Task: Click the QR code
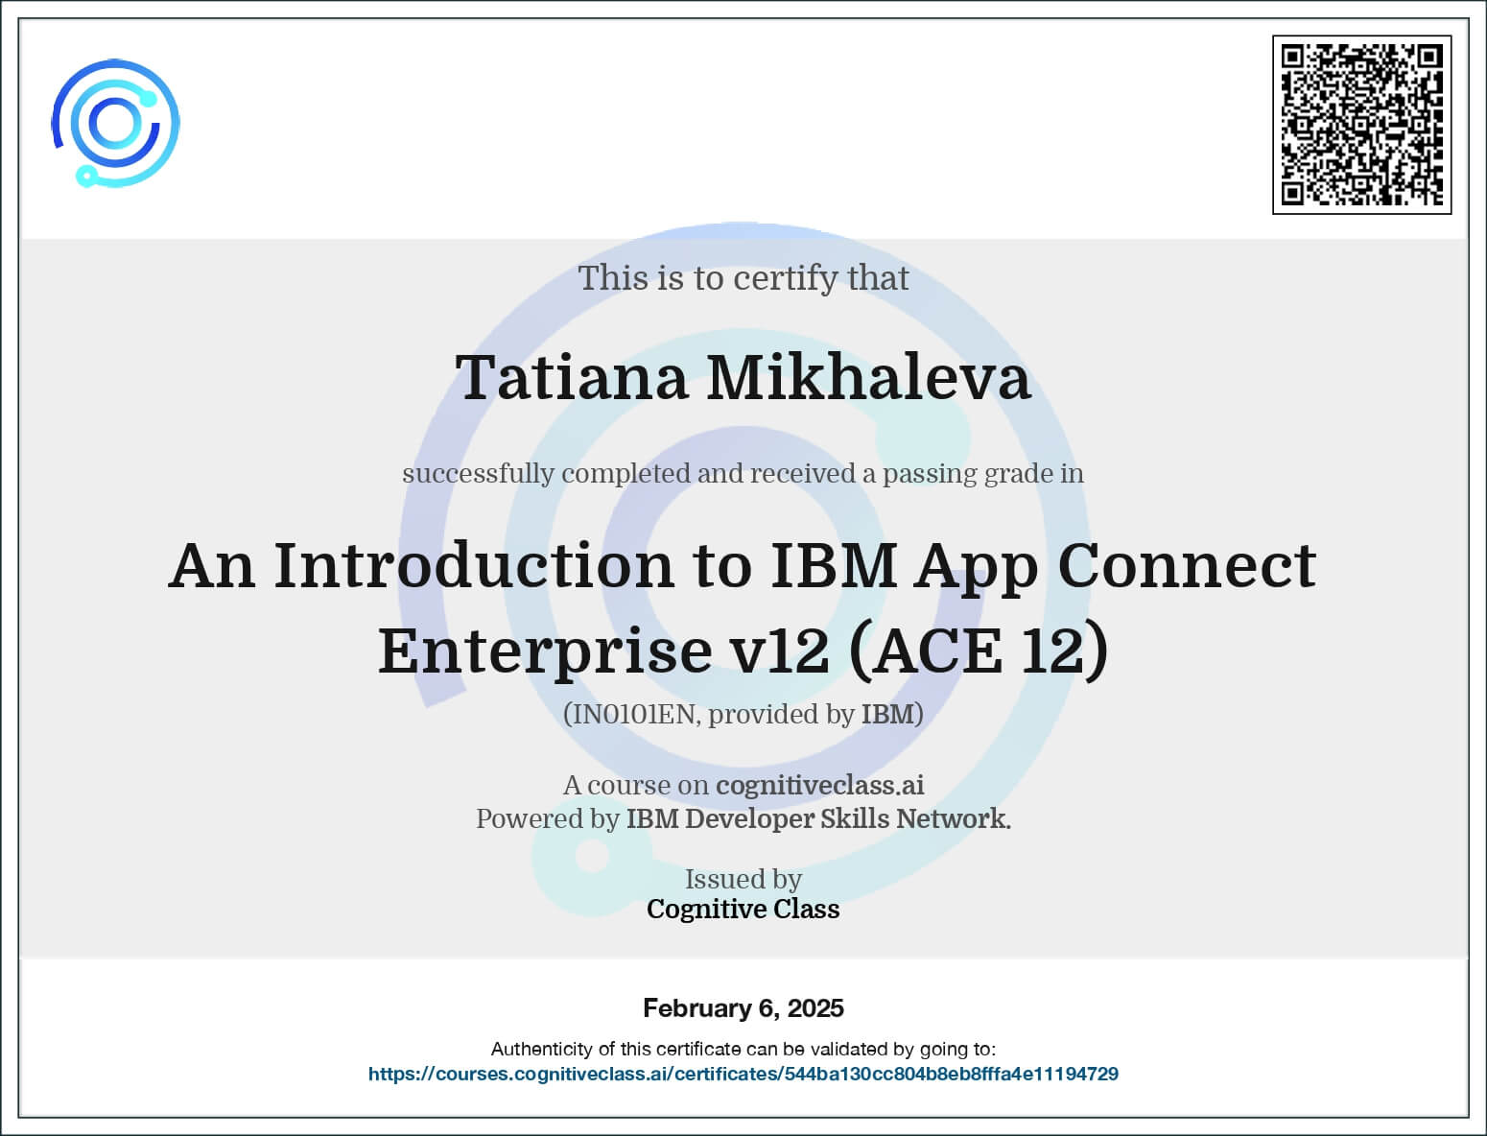(x=1361, y=125)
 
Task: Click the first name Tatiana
(x=572, y=377)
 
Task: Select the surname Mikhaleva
(x=868, y=377)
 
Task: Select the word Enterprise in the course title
(x=545, y=651)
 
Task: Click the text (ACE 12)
(x=978, y=651)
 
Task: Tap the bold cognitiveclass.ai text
(x=819, y=785)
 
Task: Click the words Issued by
(x=743, y=879)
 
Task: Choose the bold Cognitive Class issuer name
(x=743, y=909)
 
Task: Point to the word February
(x=697, y=1008)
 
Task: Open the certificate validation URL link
(x=743, y=1074)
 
